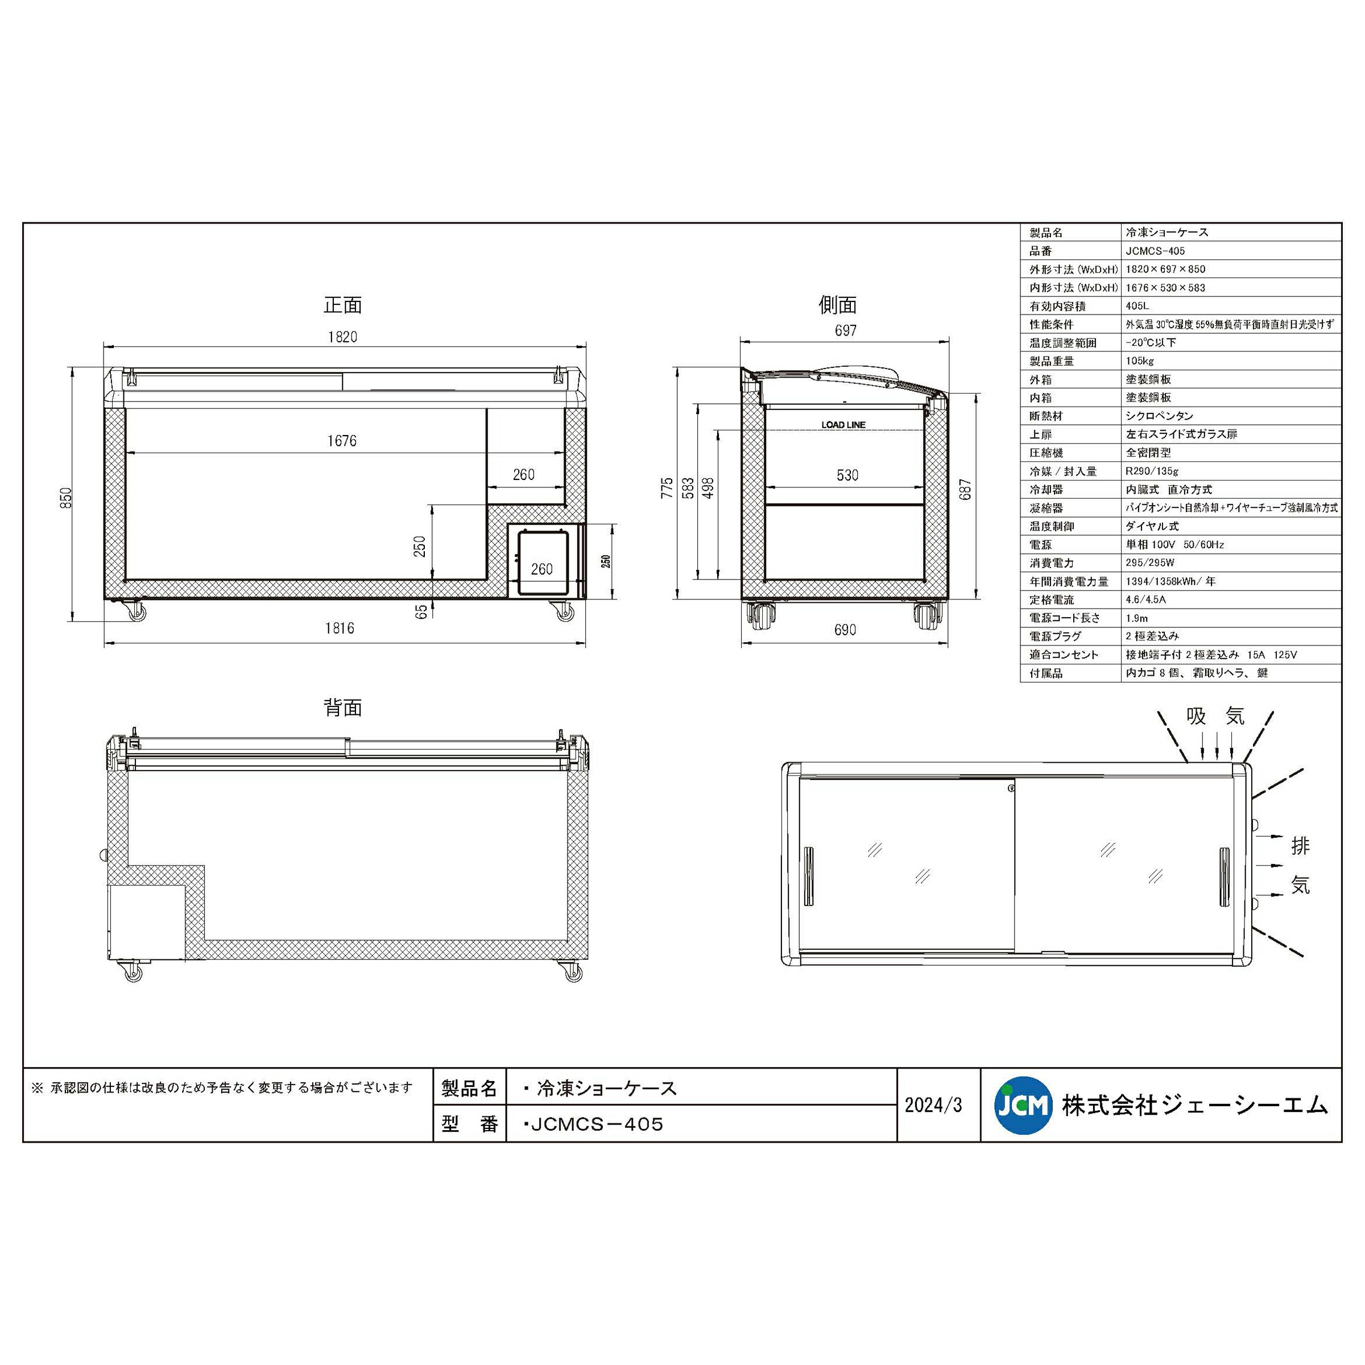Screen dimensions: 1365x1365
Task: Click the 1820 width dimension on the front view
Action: click(x=342, y=337)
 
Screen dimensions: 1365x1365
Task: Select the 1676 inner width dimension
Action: click(x=342, y=441)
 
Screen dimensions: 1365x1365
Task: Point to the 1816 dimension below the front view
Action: click(x=340, y=628)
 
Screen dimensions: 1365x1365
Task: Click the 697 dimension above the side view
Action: click(x=846, y=330)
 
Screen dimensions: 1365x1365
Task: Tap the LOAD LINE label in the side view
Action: click(x=843, y=425)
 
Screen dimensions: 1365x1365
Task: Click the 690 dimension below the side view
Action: click(x=846, y=630)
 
